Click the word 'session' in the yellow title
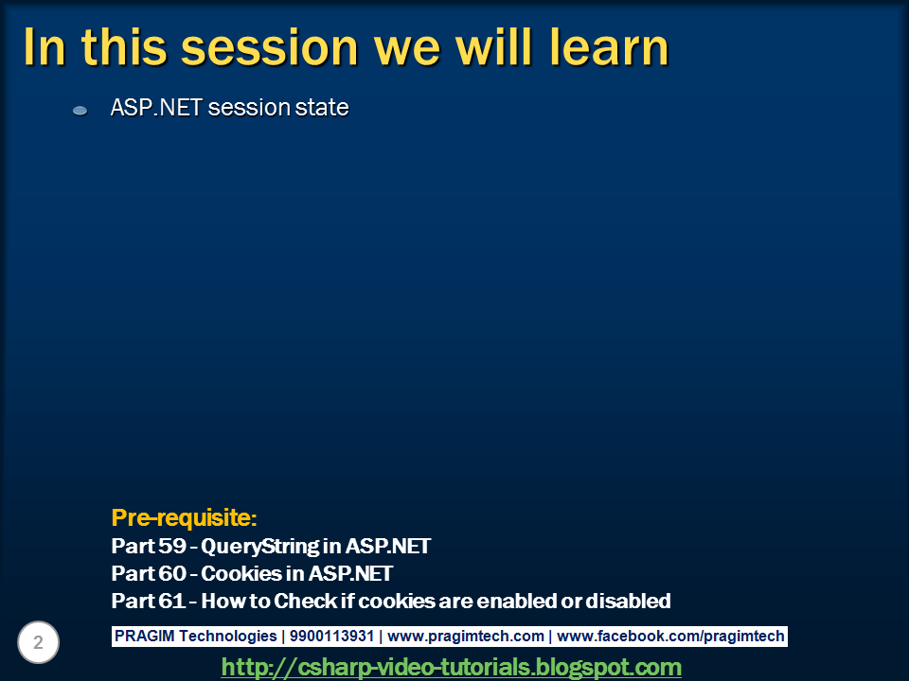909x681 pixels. [270, 47]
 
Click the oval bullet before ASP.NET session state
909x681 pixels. [80, 110]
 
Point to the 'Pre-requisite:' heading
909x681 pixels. [184, 517]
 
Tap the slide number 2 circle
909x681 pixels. [38, 642]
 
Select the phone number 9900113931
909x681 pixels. [331, 636]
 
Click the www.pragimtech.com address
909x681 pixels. [466, 637]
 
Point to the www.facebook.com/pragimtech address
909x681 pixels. [670, 637]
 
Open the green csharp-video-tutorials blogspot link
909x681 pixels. [451, 667]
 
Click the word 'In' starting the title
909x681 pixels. [45, 47]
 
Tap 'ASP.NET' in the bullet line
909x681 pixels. [156, 108]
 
